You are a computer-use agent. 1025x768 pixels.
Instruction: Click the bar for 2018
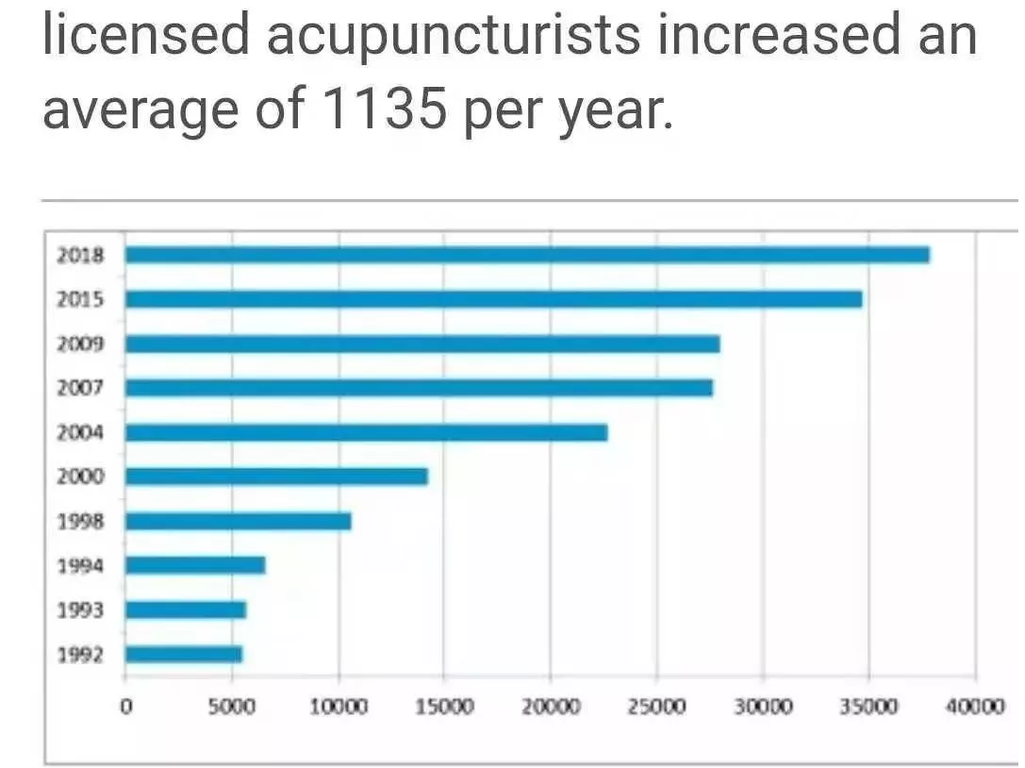527,255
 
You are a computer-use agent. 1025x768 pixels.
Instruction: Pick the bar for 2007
419,388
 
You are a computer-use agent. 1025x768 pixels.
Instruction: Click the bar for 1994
195,565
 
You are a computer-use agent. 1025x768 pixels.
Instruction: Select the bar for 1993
186,609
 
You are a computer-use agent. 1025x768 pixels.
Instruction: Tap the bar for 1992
184,654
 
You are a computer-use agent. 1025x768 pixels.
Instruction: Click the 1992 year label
80,655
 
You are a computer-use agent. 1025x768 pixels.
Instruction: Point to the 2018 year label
80,256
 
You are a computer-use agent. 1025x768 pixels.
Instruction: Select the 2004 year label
80,433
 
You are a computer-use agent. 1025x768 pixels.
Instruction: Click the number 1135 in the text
383,109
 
